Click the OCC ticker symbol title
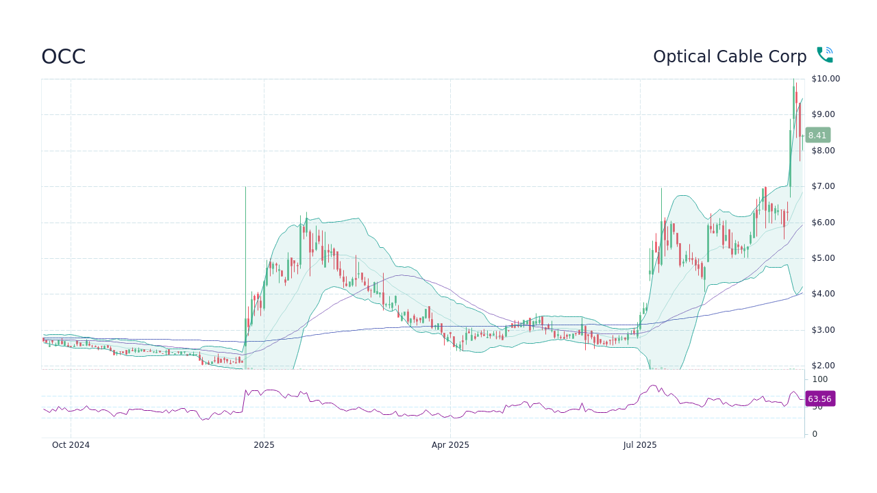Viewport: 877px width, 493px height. [63, 57]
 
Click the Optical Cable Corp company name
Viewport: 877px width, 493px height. [730, 57]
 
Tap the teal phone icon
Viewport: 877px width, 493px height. [824, 55]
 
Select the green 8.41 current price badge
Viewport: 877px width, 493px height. [817, 136]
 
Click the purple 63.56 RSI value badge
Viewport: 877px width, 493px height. [819, 399]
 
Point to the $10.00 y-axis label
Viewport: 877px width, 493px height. [826, 79]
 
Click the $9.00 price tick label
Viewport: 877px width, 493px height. [824, 114]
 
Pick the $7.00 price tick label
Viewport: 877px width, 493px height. [824, 186]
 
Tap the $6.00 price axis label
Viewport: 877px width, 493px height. [824, 223]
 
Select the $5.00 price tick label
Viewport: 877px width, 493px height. [824, 258]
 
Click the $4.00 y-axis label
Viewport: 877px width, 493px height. [824, 294]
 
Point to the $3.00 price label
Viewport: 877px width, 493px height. [824, 330]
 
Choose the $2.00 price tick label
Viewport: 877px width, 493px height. [824, 366]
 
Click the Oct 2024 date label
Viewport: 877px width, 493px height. [71, 445]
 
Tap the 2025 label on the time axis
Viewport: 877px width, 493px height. [264, 445]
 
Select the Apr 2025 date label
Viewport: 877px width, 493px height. [450, 445]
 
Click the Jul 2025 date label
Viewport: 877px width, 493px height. [640, 445]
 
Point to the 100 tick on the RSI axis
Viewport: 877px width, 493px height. [820, 379]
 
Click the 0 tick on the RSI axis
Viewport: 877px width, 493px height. [815, 434]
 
